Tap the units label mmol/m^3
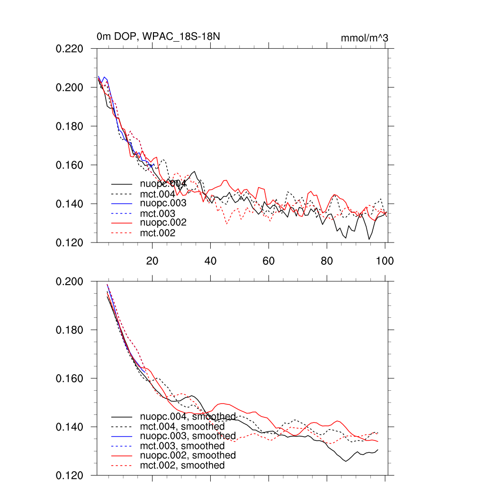coord(364,38)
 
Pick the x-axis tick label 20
coord(152,260)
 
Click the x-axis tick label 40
coord(210,260)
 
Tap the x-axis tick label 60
coord(269,260)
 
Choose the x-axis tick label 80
coord(327,260)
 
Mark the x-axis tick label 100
coord(384,260)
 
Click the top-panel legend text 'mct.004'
coord(158,194)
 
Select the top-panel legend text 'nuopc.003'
coord(163,203)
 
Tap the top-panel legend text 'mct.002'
coord(158,233)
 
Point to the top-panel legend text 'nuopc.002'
coord(163,223)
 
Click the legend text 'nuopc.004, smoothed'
coord(188,417)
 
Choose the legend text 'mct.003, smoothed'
coord(182,446)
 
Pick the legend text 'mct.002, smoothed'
coord(182,466)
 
